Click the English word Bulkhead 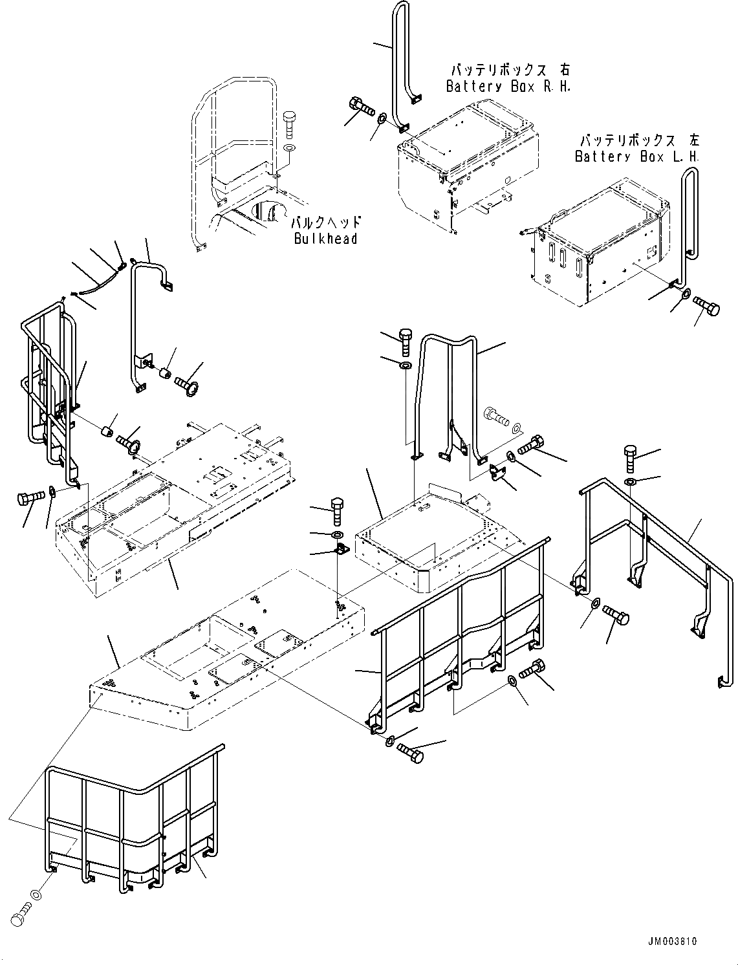325,239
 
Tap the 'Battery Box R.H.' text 508,87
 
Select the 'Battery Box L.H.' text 637,157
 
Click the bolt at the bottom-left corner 21,914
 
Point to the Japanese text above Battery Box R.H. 508,70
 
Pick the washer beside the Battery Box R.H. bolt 382,118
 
